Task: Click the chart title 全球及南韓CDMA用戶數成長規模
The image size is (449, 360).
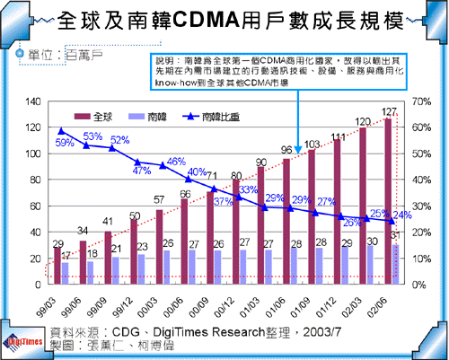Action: (x=224, y=21)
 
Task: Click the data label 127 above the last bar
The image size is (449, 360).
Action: (x=390, y=112)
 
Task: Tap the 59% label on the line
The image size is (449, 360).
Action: (x=65, y=143)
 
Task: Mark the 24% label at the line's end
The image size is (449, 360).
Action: (x=403, y=215)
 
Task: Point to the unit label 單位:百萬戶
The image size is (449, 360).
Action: (x=58, y=56)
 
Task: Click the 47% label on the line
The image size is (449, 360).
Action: (x=141, y=170)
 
